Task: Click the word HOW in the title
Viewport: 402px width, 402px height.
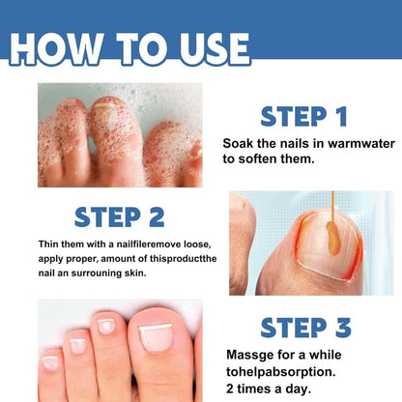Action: coord(64,48)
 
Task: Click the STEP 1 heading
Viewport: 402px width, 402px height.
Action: coord(303,118)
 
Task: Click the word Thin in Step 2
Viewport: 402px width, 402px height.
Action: coord(50,243)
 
